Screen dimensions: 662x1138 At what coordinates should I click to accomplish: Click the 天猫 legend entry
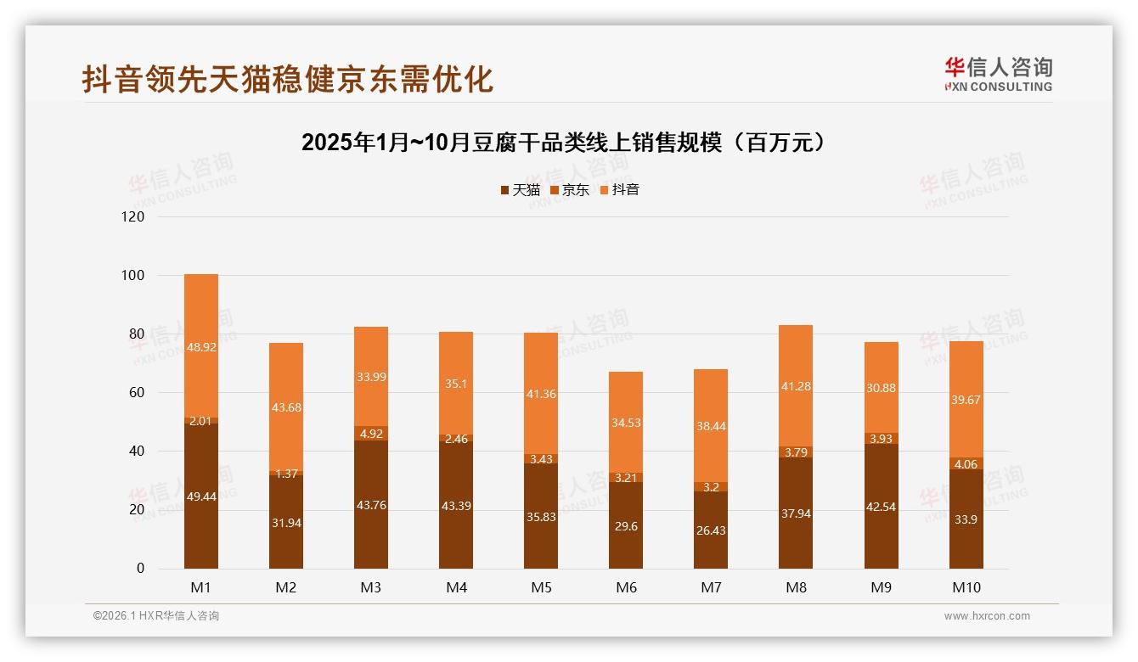[520, 190]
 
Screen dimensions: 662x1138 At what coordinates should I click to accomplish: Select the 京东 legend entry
[569, 190]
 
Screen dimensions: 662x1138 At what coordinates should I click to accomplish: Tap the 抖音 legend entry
[619, 190]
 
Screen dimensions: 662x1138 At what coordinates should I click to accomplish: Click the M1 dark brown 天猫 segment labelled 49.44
[201, 496]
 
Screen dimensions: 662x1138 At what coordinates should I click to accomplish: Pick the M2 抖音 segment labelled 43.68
[286, 407]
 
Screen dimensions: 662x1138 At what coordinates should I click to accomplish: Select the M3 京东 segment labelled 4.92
[371, 434]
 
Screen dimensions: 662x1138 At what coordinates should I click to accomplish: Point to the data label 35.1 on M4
[456, 384]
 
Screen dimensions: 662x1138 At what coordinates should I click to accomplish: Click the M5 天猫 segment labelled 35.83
[541, 515]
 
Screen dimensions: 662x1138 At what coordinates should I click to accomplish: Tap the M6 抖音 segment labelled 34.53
[626, 422]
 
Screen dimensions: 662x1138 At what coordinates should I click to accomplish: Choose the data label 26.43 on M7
[711, 530]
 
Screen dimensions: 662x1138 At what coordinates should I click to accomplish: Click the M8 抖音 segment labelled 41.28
[796, 386]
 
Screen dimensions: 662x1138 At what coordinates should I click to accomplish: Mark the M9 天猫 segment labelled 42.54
[881, 507]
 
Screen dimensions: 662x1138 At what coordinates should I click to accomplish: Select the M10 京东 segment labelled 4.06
[966, 464]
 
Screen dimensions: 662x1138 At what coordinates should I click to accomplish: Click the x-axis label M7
[711, 587]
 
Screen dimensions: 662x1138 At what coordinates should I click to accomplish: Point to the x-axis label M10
[966, 587]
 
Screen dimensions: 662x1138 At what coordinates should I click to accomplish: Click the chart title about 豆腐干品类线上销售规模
[564, 143]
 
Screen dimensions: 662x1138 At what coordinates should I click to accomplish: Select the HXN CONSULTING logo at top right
[998, 75]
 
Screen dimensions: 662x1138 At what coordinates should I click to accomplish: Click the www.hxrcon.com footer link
[987, 616]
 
